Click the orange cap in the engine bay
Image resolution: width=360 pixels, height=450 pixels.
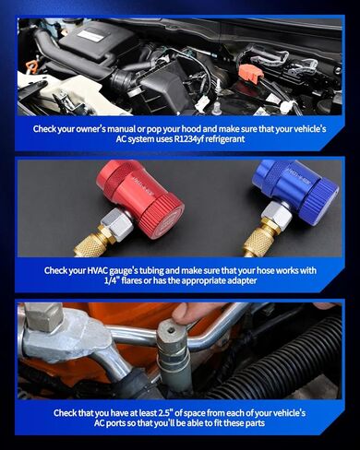pyautogui.click(x=249, y=71)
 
